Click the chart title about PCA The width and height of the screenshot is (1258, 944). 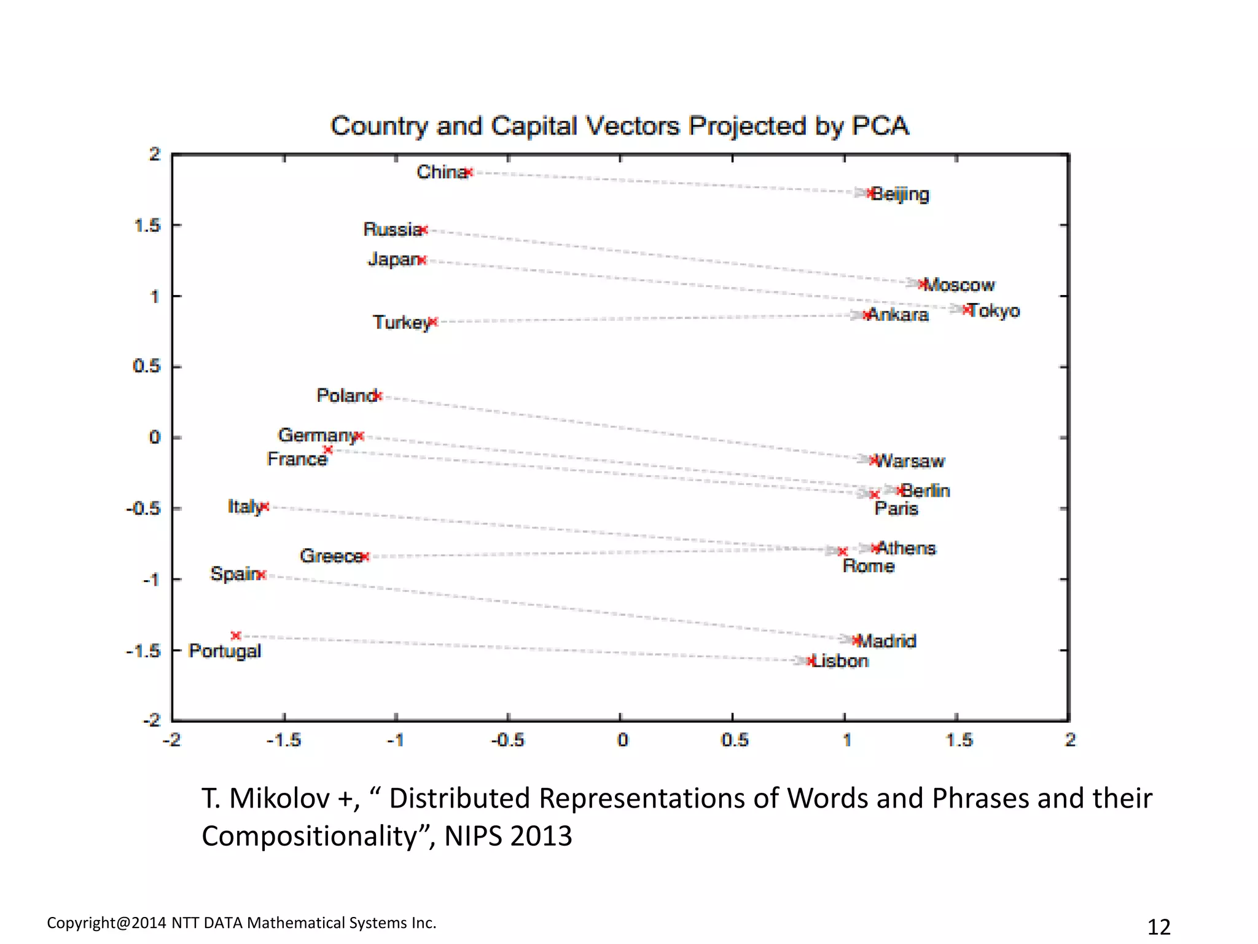619,126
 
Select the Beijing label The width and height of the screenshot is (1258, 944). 901,194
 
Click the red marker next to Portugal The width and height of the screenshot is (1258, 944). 236,635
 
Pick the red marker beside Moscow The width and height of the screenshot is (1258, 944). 922,284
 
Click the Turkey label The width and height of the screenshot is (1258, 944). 401,323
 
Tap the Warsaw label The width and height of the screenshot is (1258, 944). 910,461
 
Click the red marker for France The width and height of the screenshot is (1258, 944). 328,450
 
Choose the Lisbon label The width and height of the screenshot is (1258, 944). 841,661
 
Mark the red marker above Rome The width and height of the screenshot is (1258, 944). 843,551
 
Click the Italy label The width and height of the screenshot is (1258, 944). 244,507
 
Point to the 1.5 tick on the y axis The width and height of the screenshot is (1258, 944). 147,226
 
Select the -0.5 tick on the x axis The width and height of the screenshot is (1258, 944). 507,740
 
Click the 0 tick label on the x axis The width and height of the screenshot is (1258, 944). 622,740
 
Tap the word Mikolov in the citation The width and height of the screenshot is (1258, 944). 279,799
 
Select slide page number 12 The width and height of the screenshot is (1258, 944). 1158,927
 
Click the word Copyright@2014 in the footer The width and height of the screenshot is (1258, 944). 106,923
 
